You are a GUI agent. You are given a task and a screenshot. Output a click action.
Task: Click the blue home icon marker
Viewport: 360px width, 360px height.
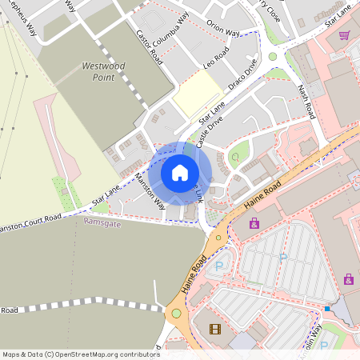pyautogui.click(x=180, y=173)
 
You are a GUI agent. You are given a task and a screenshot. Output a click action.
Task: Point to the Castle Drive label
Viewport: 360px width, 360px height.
pyautogui.click(x=209, y=129)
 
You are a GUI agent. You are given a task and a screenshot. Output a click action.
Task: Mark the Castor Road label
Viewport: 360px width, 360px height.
pyautogui.click(x=148, y=48)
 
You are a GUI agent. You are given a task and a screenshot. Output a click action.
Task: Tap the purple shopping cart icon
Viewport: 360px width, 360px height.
pyautogui.click(x=345, y=35)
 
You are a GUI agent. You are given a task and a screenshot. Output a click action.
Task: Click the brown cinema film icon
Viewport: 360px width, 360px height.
pyautogui.click(x=214, y=329)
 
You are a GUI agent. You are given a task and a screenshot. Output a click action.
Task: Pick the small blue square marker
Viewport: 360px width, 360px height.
pyautogui.click(x=327, y=309)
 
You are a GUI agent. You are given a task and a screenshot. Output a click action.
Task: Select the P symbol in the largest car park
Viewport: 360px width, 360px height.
pyautogui.click(x=282, y=258)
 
